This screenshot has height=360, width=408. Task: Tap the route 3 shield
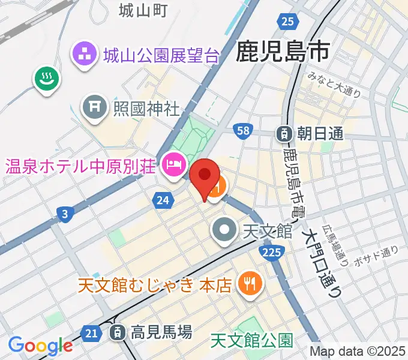click(x=64, y=212)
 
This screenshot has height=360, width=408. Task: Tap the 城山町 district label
click(x=142, y=10)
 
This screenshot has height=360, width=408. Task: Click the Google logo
click(x=40, y=345)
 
